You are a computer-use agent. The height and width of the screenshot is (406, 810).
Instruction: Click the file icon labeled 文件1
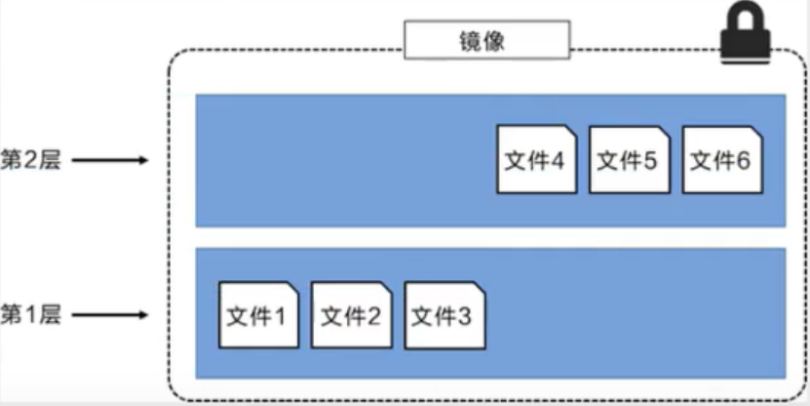pos(258,315)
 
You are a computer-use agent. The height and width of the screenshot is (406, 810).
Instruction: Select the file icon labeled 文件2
pos(351,315)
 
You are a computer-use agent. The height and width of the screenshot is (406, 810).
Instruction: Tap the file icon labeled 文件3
pos(444,315)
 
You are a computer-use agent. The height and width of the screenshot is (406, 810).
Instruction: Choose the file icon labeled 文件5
pos(629,159)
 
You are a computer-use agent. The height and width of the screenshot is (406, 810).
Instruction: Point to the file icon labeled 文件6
pos(721,159)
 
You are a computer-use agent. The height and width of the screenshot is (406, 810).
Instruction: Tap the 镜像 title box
pos(486,40)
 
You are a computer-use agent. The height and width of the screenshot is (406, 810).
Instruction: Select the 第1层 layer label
pos(31,314)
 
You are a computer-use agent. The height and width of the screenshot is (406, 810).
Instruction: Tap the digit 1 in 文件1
pos(279,316)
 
